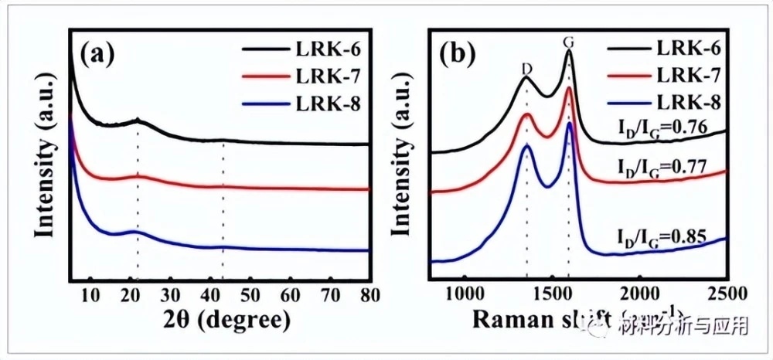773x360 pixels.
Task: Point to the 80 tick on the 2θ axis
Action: (370, 294)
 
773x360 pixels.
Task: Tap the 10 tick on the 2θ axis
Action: (90, 294)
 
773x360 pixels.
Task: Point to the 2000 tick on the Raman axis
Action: (640, 294)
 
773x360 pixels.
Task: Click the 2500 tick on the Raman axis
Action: (727, 294)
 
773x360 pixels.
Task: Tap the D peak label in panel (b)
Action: (526, 68)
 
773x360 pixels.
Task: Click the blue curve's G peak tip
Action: (569, 124)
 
